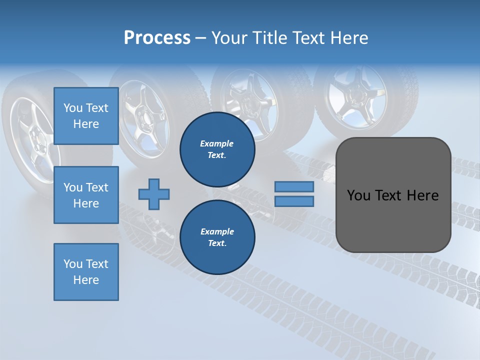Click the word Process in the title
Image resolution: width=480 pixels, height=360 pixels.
157,38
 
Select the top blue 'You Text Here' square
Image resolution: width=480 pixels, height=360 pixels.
86,116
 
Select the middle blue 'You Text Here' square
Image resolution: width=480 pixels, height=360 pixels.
86,195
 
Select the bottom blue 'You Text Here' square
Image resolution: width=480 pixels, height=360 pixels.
86,271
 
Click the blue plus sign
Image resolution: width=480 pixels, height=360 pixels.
154,194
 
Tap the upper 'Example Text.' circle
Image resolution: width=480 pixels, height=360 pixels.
217,149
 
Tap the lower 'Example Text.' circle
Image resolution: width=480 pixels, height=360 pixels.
217,237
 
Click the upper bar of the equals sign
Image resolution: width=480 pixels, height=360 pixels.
294,187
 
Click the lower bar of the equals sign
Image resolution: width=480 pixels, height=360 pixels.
294,201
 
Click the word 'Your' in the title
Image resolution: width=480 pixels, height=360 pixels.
229,38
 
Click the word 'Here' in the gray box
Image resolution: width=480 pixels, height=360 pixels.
422,195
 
